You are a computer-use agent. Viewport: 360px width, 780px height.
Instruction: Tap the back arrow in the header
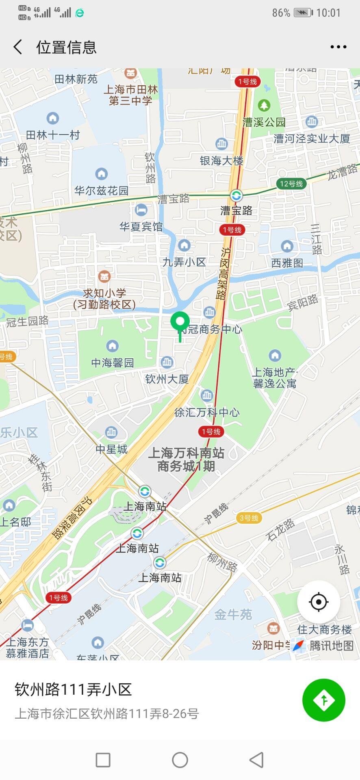(18, 47)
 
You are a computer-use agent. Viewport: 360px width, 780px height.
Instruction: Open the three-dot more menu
(338, 47)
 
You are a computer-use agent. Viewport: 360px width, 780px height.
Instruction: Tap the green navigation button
(323, 700)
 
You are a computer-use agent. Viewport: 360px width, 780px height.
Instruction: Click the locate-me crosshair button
(319, 602)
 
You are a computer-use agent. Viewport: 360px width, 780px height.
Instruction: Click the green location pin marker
(180, 323)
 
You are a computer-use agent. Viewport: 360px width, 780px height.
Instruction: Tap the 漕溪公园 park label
(264, 122)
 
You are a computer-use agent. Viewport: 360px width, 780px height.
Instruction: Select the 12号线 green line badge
(291, 184)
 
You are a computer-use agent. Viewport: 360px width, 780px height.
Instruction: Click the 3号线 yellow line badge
(249, 518)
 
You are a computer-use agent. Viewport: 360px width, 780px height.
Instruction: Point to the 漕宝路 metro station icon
(236, 196)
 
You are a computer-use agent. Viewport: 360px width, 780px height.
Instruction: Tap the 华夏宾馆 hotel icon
(141, 210)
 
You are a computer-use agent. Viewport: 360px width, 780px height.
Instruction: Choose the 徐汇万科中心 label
(207, 412)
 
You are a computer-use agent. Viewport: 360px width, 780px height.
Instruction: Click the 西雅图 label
(287, 263)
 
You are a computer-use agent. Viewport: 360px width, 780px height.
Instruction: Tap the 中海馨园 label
(113, 362)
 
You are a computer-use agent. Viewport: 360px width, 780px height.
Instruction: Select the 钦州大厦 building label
(167, 379)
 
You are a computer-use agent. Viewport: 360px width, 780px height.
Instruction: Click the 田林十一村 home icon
(53, 118)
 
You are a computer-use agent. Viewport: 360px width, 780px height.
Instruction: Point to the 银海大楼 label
(221, 161)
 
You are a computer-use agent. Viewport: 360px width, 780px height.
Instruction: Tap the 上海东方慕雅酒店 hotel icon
(27, 625)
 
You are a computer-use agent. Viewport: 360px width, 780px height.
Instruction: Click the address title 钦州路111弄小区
(73, 689)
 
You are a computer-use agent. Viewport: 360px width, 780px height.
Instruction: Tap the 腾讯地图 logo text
(331, 646)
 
